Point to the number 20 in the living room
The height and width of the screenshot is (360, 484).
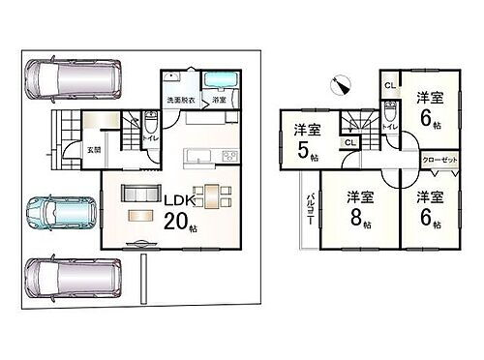176,221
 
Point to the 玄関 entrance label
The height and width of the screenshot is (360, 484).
95,149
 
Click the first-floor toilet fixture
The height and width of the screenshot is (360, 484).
153,127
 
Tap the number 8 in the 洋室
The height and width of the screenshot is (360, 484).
355,217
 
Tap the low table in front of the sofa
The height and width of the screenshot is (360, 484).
141,215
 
